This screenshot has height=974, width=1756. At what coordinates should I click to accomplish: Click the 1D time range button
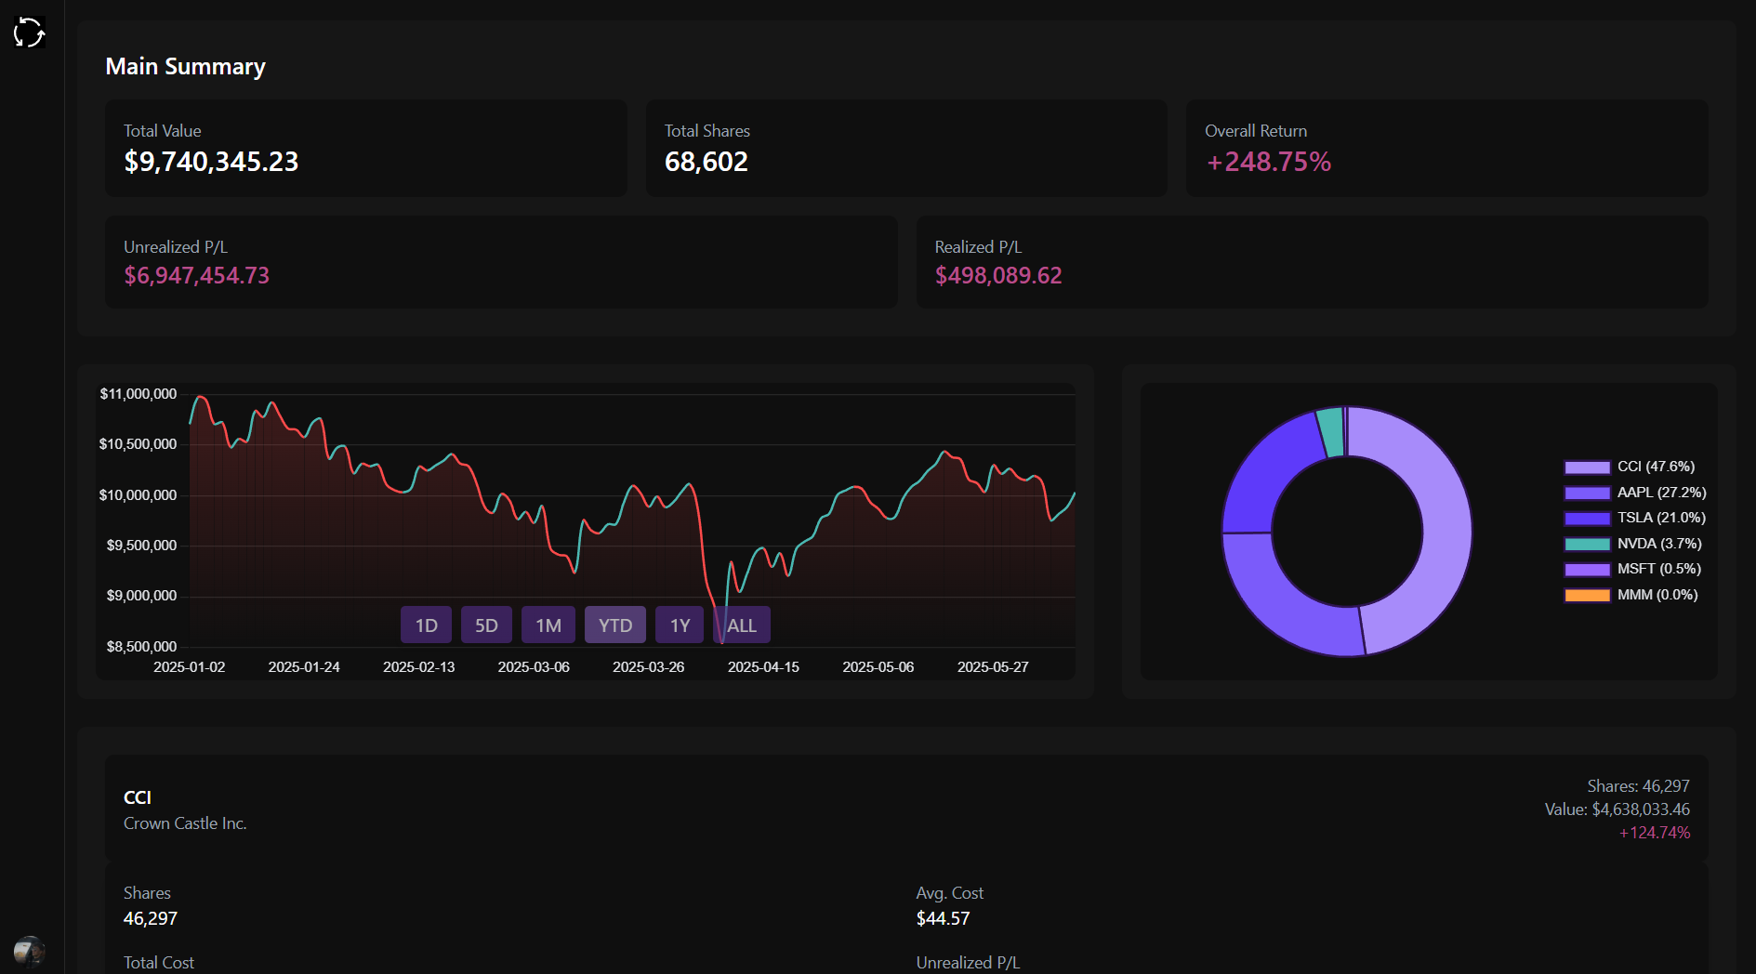click(426, 625)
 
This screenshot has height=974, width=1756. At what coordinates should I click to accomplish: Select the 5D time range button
click(486, 625)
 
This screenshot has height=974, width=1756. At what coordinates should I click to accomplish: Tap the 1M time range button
click(548, 625)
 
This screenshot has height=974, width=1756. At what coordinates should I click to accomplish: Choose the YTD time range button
click(615, 625)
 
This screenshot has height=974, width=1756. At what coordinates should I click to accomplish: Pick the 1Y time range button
click(680, 625)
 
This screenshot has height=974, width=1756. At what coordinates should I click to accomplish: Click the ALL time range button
click(742, 625)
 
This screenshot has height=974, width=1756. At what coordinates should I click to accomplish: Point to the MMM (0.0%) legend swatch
click(1587, 596)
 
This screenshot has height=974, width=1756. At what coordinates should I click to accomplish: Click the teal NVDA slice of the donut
click(1331, 432)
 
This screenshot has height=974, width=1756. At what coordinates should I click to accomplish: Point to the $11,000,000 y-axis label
click(139, 394)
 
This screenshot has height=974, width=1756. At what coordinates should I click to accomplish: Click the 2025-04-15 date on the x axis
click(763, 667)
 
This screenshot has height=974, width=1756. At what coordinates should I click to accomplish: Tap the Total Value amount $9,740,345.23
click(211, 162)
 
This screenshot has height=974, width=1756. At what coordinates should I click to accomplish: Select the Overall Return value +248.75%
click(1268, 162)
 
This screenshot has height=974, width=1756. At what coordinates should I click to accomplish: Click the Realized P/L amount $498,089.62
click(997, 276)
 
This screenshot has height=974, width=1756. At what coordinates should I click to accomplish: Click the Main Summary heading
click(185, 67)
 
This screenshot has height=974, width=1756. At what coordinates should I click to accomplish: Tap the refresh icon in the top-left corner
click(30, 33)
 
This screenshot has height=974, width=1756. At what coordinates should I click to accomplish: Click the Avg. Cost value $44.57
click(943, 918)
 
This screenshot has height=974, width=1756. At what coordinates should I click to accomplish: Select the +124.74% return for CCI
click(1654, 833)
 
